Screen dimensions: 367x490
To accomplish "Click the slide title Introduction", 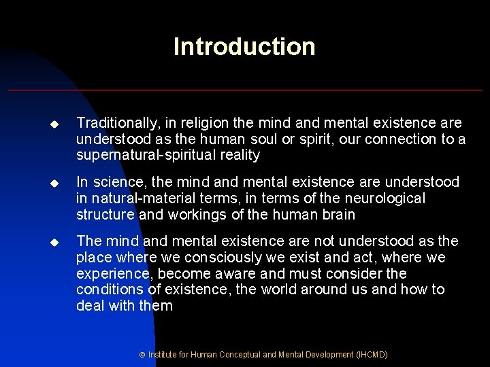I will click(x=244, y=47).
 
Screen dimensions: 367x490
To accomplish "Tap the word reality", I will click(x=238, y=156).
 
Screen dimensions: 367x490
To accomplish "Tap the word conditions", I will click(x=108, y=290).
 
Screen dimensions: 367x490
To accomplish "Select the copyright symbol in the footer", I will click(x=142, y=355).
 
